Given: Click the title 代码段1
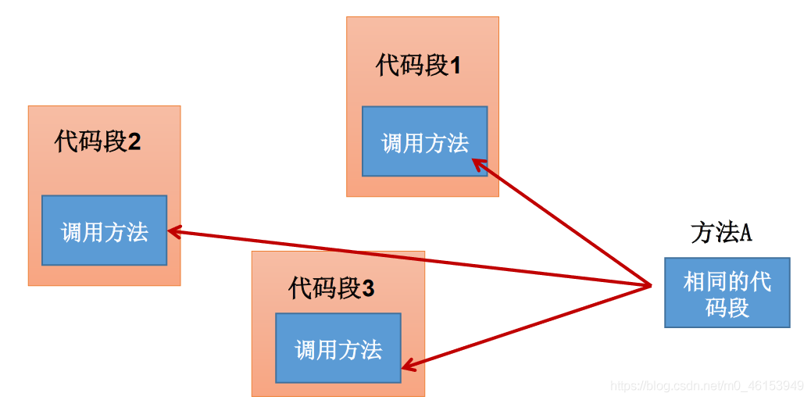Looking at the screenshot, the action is pos(418,66).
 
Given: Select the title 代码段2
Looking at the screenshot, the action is pos(98,141).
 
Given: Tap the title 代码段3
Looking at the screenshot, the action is pos(331,288).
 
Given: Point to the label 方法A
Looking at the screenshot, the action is pos(721,234).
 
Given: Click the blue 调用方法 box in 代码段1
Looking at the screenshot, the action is pos(424,141).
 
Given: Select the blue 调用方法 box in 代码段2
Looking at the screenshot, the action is pos(105,230).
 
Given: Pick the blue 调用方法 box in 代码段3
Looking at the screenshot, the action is pos(338,348).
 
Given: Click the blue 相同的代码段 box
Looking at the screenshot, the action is pos(727,293).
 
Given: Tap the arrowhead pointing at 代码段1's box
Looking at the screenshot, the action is pos(478,165).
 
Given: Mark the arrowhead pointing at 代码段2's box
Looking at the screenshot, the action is pos(175,232).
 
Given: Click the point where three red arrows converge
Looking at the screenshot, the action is pos(651,285).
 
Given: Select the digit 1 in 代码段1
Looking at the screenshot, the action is pos(456,67).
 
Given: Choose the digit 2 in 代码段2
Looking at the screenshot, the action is pos(134,142).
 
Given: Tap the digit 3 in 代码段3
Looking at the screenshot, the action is pos(368,289).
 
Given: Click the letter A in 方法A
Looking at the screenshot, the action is pos(745,234).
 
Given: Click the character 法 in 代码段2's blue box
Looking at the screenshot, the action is pos(138,231).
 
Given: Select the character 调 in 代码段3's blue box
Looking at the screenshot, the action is pos(305,350).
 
